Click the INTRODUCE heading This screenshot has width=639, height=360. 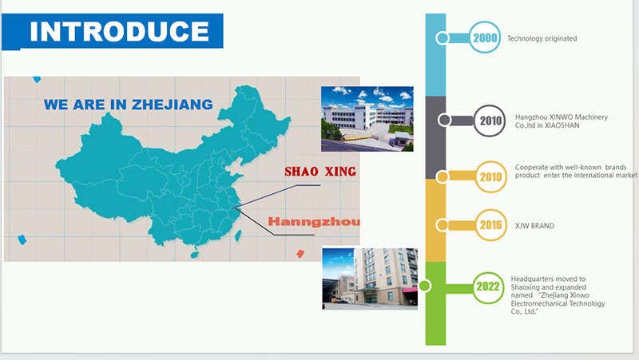pyautogui.click(x=119, y=31)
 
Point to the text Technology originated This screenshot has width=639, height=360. pyautogui.click(x=542, y=38)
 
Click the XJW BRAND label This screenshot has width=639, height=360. pyautogui.click(x=534, y=226)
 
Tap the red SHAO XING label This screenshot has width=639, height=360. pyautogui.click(x=320, y=172)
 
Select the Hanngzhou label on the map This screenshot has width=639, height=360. pyautogui.click(x=314, y=222)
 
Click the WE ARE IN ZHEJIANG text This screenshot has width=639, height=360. pyautogui.click(x=129, y=105)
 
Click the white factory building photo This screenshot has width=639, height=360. pyautogui.click(x=367, y=119)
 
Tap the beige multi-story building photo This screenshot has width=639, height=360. pyautogui.click(x=370, y=279)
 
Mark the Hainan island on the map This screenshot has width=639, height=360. pyautogui.click(x=195, y=255)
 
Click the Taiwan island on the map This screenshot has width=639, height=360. pyautogui.click(x=238, y=235)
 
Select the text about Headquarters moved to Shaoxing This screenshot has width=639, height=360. pyautogui.click(x=558, y=295)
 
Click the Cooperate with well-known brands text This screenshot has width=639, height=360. pyautogui.click(x=576, y=172)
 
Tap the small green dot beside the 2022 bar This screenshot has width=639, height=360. pyautogui.click(x=425, y=286)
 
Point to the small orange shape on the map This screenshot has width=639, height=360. pyautogui.click(x=300, y=254)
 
